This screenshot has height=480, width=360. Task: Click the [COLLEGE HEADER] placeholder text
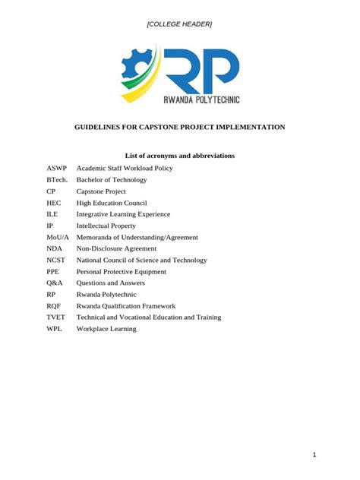coord(179,24)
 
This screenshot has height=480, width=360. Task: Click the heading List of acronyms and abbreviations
coord(179,156)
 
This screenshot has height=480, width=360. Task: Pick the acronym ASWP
coord(56,169)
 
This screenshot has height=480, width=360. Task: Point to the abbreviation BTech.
coord(57,180)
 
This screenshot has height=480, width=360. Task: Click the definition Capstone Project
coord(101,191)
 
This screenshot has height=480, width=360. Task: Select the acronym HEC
coord(53,203)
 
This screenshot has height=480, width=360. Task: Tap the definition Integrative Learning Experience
coord(123,214)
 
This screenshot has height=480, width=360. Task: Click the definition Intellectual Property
coord(106,226)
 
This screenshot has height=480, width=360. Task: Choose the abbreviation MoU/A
coord(58,237)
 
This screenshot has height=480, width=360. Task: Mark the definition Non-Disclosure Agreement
coord(116,248)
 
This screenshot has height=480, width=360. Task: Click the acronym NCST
coord(56,260)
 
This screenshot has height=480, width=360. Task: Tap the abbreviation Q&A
coord(54,283)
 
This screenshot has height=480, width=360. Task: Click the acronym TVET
coord(56,317)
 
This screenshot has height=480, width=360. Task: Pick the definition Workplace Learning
coord(106,329)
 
